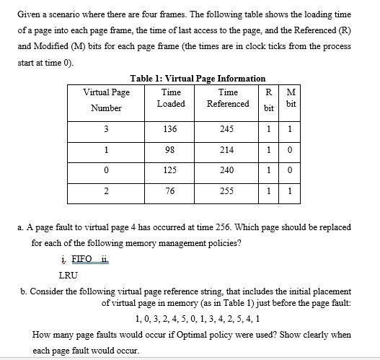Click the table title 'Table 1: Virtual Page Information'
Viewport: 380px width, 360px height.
tap(198, 78)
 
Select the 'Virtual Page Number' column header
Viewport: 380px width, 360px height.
tap(107, 100)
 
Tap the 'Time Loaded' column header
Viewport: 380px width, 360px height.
tap(171, 98)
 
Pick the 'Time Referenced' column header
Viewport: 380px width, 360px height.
tap(228, 98)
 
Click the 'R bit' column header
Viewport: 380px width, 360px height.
tap(268, 100)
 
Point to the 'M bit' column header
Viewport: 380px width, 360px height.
tap(291, 98)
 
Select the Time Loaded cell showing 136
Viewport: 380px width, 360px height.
tap(171, 129)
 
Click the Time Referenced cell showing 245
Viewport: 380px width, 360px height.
tap(228, 129)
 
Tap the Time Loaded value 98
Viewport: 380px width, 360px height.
tap(171, 150)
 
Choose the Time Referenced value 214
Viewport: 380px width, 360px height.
tap(228, 150)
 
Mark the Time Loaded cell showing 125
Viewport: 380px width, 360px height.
tap(171, 171)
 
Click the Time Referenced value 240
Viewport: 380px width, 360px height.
tap(228, 171)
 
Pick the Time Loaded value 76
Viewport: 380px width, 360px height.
tap(171, 191)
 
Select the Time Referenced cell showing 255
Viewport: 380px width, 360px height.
tap(228, 191)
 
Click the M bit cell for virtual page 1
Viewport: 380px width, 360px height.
tap(291, 150)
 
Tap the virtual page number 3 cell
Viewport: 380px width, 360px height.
tap(107, 129)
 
